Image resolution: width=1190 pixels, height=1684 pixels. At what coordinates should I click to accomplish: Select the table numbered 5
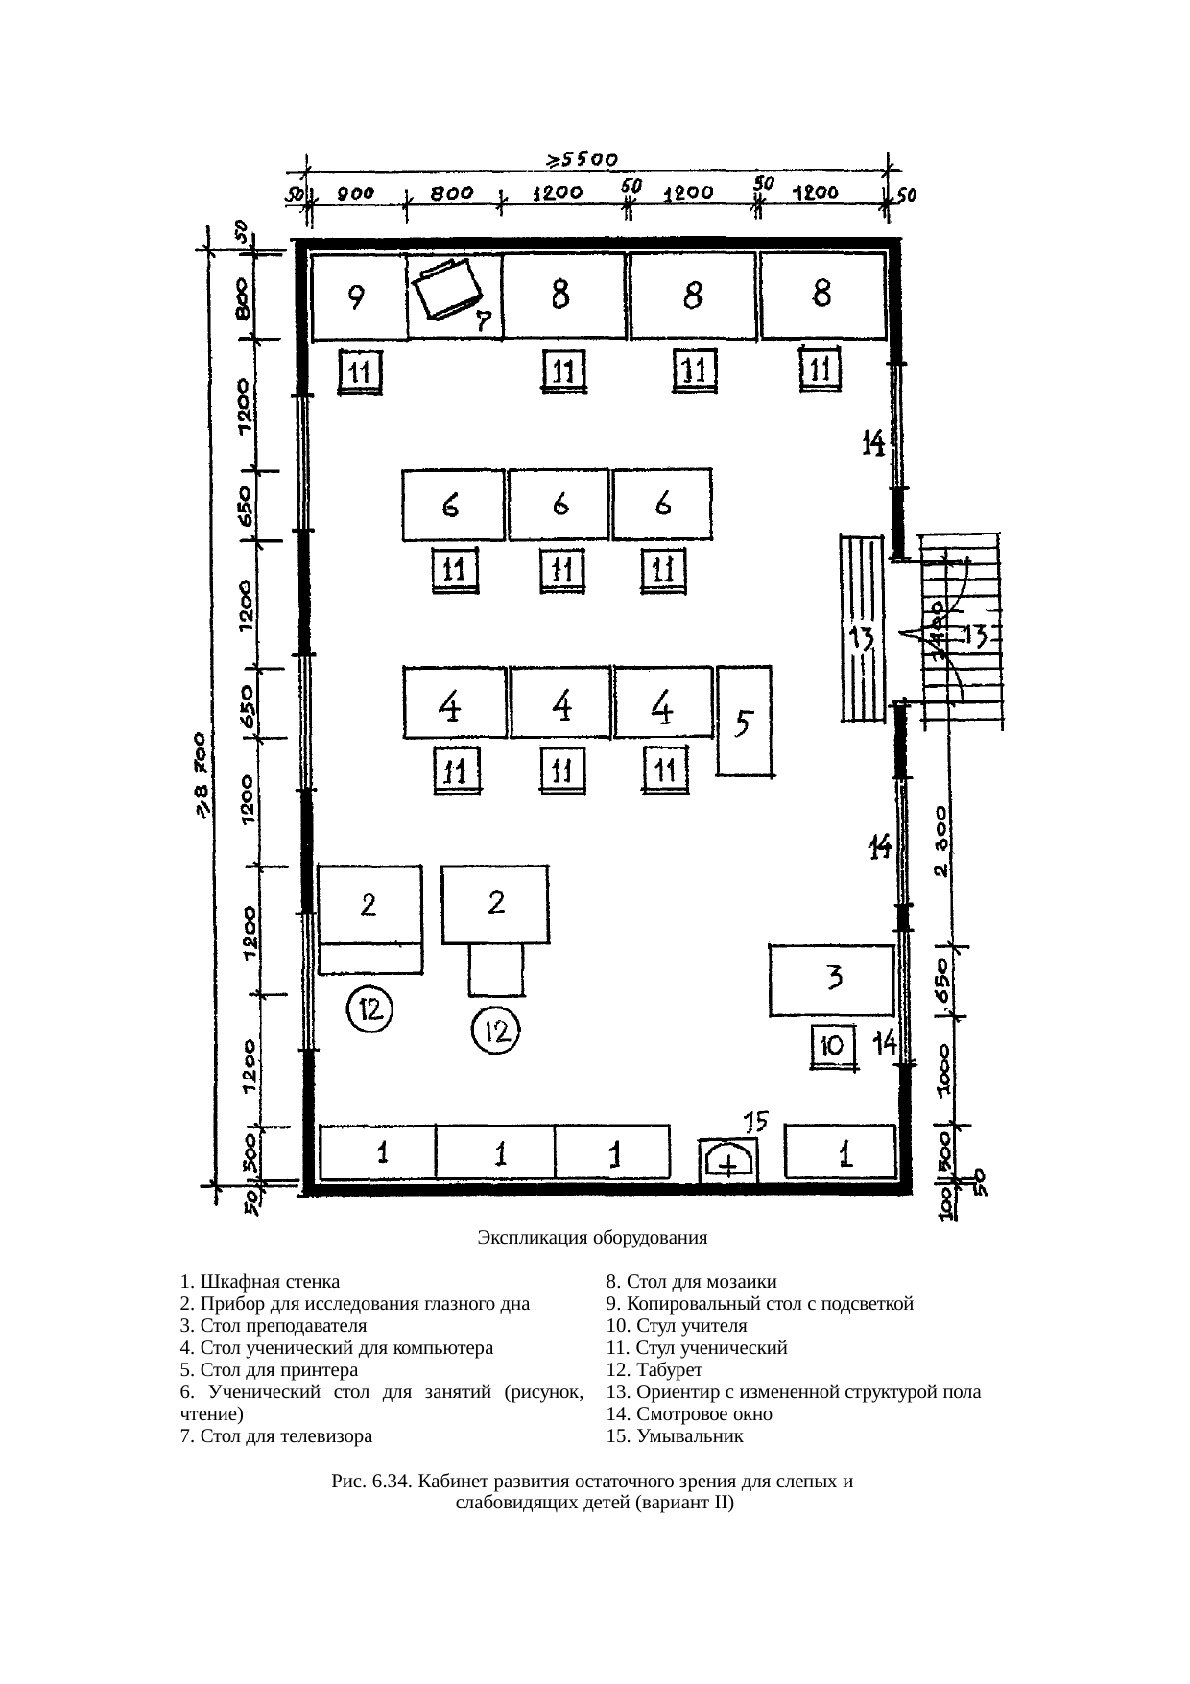[x=745, y=721]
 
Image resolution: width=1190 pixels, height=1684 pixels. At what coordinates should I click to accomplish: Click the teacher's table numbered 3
[x=831, y=980]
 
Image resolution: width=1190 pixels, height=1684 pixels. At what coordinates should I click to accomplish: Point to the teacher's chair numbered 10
[x=834, y=1047]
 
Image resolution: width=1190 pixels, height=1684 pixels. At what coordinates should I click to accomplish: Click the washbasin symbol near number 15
[x=728, y=1159]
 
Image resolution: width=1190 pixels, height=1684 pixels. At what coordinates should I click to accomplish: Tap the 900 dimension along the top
[x=354, y=194]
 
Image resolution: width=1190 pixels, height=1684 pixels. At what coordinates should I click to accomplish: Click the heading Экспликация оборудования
[x=592, y=1238]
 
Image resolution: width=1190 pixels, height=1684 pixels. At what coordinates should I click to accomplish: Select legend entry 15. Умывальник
[x=675, y=1436]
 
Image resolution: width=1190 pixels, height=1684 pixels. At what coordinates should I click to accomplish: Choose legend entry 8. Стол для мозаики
[x=692, y=1282]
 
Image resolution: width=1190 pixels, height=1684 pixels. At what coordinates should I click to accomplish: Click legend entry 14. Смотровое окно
[x=689, y=1414]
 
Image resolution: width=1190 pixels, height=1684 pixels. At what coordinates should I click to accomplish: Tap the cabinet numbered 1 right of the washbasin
[x=841, y=1151]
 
